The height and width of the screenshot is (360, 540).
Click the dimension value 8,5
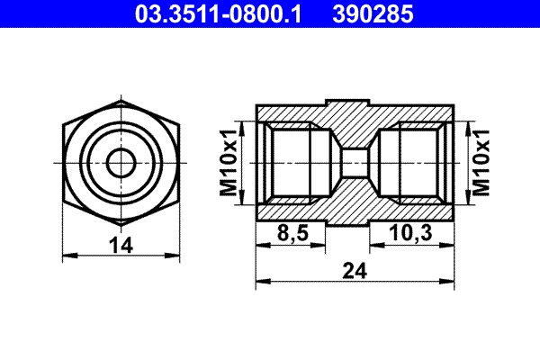click(292, 233)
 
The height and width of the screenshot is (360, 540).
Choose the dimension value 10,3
click(411, 233)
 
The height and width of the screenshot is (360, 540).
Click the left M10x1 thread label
click(229, 164)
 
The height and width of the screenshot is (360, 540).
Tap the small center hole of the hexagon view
click(120, 163)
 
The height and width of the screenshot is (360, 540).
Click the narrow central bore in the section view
click(355, 163)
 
